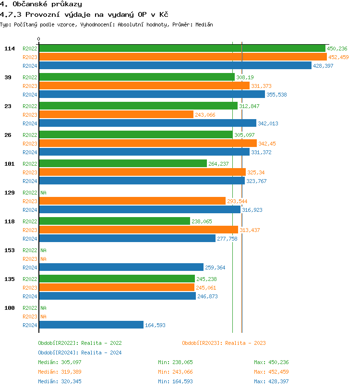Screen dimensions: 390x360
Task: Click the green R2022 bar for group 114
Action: point(182,49)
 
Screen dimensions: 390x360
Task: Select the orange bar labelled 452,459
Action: point(182,57)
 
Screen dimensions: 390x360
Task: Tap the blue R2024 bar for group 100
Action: point(91,325)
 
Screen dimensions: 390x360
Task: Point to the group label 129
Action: point(10,193)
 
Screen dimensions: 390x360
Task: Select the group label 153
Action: point(10,250)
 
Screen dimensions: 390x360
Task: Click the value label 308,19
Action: point(245,77)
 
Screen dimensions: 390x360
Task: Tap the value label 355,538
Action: point(276,95)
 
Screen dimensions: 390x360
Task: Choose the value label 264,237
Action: point(219,164)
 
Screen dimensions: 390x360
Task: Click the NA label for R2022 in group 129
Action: point(43,193)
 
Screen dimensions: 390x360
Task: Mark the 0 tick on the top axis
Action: point(39,39)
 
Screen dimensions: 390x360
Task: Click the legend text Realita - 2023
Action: point(245,343)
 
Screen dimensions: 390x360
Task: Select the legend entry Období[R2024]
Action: point(58,353)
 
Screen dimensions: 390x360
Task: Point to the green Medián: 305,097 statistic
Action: point(60,362)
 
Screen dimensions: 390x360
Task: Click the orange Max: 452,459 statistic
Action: point(271,372)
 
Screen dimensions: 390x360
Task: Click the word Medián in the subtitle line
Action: point(203,24)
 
